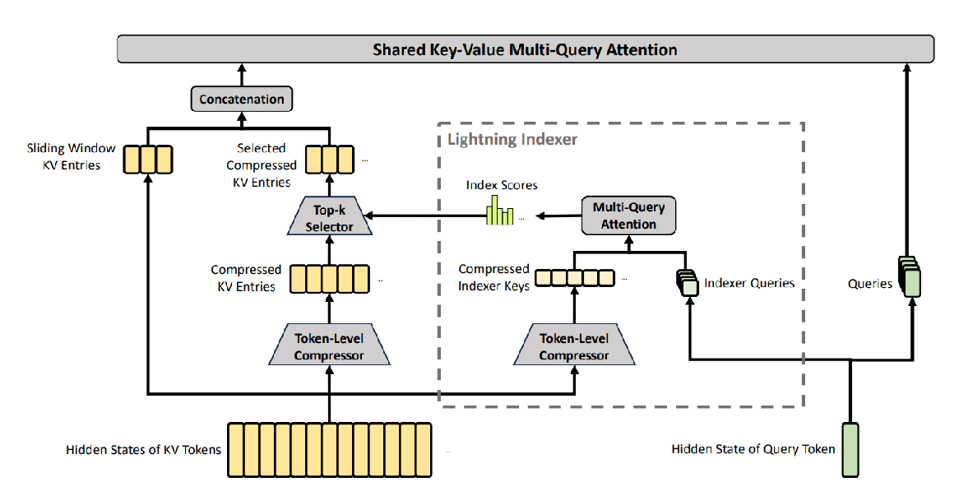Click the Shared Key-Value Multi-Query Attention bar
(526, 49)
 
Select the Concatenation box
(242, 99)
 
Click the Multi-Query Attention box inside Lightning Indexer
(628, 216)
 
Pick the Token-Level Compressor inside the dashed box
(574, 345)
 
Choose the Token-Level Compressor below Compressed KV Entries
(330, 345)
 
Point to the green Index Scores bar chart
(500, 211)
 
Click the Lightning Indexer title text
(512, 140)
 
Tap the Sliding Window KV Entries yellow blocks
(148, 160)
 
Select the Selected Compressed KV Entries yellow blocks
(330, 160)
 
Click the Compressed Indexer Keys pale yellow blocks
(574, 278)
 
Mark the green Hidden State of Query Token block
(850, 449)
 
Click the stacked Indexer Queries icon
(688, 283)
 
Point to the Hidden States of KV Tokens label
(144, 450)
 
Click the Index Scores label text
(502, 185)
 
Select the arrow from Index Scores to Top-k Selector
(426, 216)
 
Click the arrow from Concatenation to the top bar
(242, 75)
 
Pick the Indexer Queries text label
(749, 283)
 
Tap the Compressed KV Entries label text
(246, 278)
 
